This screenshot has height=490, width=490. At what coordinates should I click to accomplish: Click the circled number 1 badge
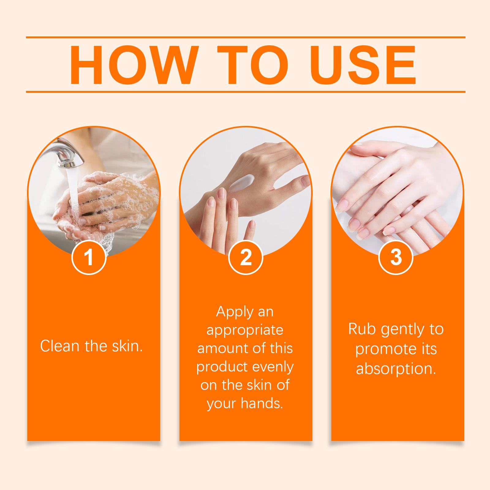(x=89, y=258)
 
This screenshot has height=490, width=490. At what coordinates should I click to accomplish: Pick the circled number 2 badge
(x=246, y=258)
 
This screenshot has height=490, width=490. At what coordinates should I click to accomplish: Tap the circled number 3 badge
(x=396, y=258)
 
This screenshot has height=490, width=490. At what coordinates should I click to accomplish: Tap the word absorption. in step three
(x=396, y=368)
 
